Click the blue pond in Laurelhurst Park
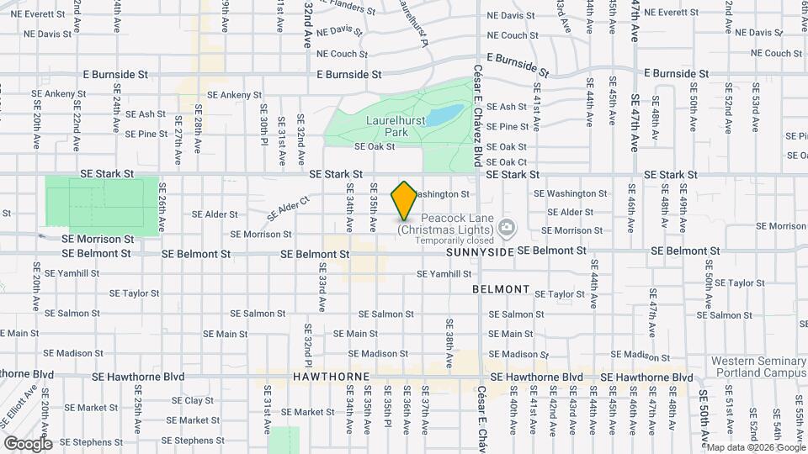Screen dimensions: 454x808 point(444,114)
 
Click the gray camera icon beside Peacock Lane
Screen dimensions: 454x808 point(506,227)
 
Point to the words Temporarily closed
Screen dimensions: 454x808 point(445,240)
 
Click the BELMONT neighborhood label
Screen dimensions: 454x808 point(501,289)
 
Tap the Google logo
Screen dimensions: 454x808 point(28,443)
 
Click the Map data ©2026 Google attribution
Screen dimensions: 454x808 point(754,447)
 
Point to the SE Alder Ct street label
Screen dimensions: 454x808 point(289,209)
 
